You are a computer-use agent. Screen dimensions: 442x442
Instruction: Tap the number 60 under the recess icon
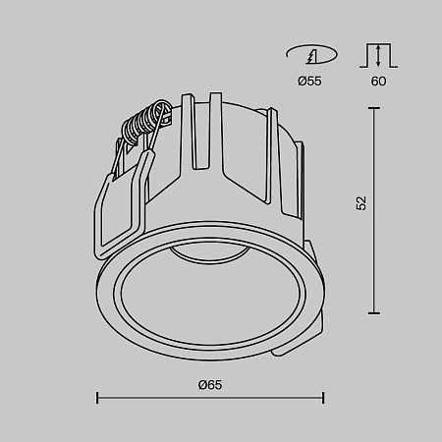tap(377, 82)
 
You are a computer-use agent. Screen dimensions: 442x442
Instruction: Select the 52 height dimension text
tap(361, 203)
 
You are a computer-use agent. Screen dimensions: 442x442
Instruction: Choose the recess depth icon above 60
tap(377, 53)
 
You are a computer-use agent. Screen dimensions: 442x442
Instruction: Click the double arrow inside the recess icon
tap(377, 56)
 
